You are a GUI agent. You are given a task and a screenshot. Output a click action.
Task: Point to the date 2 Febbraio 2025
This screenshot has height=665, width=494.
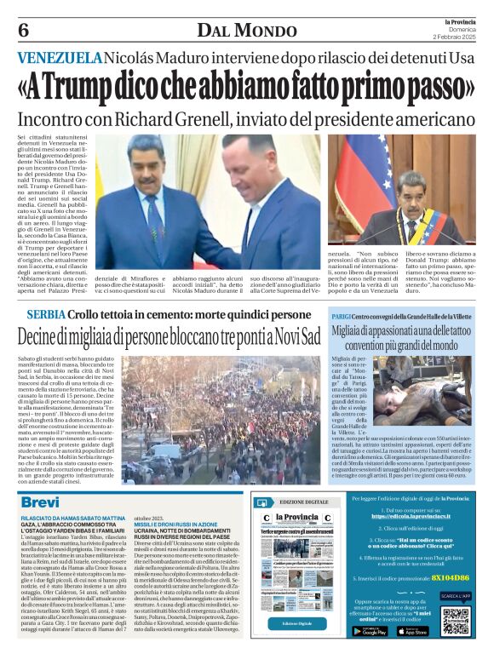point(458,38)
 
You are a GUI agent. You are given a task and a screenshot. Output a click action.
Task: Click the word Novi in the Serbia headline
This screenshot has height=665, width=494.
point(281,335)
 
